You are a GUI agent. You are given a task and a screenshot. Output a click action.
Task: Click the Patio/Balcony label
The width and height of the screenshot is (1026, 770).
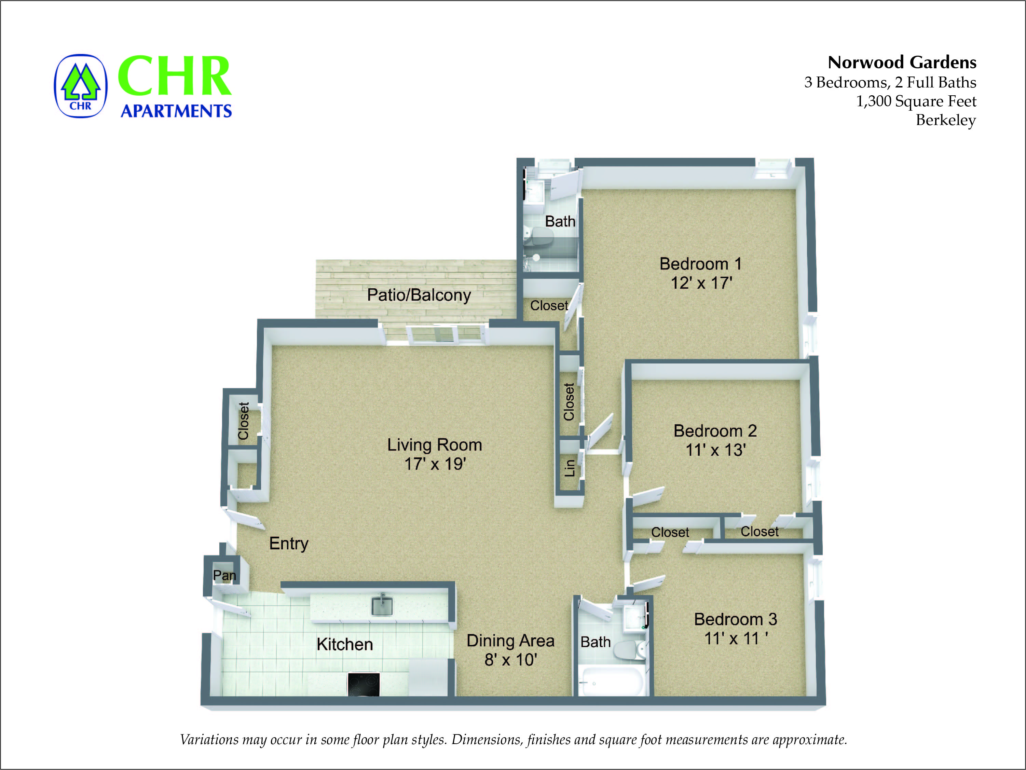[419, 295]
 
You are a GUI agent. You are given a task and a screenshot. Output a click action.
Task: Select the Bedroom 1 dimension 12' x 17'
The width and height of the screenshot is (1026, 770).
[701, 283]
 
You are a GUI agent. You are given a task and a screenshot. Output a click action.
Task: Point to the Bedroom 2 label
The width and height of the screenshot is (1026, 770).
[715, 431]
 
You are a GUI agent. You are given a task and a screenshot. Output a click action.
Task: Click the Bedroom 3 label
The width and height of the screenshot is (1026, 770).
[735, 619]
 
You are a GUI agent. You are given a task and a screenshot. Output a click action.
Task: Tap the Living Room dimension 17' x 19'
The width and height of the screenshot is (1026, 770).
[435, 464]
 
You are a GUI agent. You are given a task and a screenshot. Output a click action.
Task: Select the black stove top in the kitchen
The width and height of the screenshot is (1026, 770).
[364, 685]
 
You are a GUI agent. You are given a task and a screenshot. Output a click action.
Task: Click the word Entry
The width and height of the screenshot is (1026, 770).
[288, 543]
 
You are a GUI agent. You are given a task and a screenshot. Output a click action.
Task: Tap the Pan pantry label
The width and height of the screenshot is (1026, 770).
[224, 575]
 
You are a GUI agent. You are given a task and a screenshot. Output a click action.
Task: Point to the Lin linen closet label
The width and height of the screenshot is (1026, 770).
[570, 468]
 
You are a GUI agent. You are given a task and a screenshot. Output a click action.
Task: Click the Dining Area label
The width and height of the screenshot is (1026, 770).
[510, 641]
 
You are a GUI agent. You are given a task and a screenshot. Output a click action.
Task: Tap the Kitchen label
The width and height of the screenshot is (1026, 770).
[345, 644]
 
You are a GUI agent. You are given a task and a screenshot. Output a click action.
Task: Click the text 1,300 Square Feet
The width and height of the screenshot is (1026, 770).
[916, 101]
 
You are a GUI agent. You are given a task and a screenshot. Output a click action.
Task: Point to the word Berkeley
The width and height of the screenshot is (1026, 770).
[945, 120]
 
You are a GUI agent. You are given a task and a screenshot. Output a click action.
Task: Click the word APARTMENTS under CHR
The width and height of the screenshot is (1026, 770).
[176, 111]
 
